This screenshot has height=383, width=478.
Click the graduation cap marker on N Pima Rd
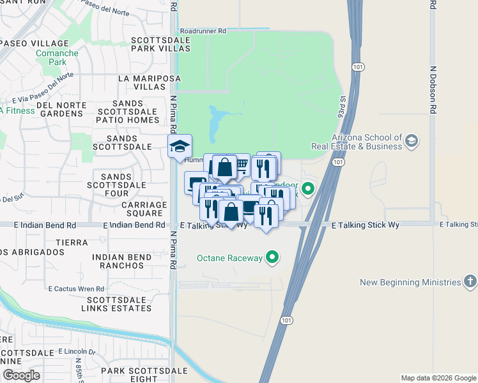point(180,146)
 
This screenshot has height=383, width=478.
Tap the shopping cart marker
point(242,165)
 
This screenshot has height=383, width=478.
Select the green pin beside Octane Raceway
point(273,258)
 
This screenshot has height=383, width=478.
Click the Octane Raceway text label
point(229,258)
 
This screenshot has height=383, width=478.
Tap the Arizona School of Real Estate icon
point(412,140)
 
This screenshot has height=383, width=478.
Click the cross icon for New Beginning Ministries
point(470,282)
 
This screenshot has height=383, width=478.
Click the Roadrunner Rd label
point(203,30)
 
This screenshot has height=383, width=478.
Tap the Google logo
point(21,375)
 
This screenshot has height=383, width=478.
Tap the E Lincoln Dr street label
point(76,351)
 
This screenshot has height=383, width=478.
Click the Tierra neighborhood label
point(75,243)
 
